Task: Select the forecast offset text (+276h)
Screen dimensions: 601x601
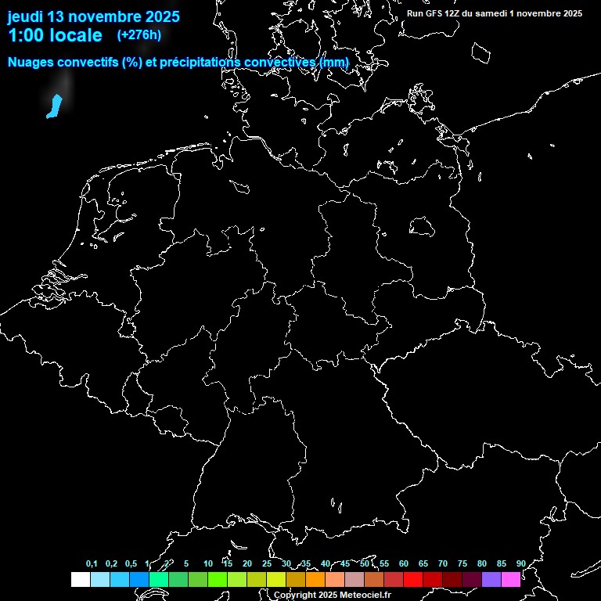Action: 139,35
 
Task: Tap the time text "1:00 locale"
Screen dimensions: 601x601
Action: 55,35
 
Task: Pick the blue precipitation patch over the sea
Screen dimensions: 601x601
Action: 54,106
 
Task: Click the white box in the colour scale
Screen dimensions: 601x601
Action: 80,579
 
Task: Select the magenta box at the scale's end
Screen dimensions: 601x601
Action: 511,579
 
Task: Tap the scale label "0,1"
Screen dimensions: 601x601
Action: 92,563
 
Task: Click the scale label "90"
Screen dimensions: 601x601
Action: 521,563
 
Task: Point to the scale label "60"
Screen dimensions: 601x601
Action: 404,563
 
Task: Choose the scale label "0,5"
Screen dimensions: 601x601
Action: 131,563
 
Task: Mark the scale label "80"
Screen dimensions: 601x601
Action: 482,563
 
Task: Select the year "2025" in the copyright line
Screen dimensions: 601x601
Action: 316,596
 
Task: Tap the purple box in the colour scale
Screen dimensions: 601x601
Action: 491,579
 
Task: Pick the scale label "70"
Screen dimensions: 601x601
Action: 443,563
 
